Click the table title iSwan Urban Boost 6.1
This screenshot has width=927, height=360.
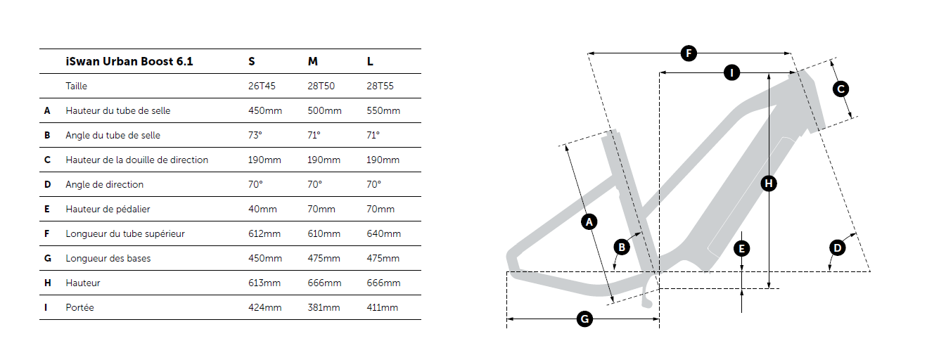pyautogui.click(x=129, y=61)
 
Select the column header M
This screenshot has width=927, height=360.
pyautogui.click(x=313, y=61)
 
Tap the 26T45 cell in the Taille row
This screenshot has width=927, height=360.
pyautogui.click(x=262, y=86)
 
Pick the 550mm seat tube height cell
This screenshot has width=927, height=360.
pyautogui.click(x=383, y=110)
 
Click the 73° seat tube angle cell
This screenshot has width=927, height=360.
pyautogui.click(x=255, y=135)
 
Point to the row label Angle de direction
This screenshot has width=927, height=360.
pyautogui.click(x=104, y=184)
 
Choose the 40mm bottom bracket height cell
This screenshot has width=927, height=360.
pyautogui.click(x=262, y=209)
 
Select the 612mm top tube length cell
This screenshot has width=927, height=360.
pyautogui.click(x=264, y=234)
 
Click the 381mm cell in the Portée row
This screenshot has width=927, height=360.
pyautogui.click(x=324, y=307)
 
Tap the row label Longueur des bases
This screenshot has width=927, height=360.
pyautogui.click(x=108, y=258)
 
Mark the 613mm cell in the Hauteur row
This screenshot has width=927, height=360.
pyautogui.click(x=264, y=283)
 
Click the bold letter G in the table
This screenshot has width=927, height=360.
pyautogui.click(x=48, y=258)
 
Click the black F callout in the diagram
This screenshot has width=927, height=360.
pyautogui.click(x=689, y=53)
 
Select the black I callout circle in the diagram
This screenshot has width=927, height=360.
pyautogui.click(x=731, y=73)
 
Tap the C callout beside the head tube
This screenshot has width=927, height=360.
pyautogui.click(x=840, y=89)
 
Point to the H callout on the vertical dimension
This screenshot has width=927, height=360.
pyautogui.click(x=769, y=184)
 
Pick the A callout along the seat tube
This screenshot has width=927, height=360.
pyautogui.click(x=589, y=222)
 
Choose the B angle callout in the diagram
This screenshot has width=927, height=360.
pyautogui.click(x=622, y=247)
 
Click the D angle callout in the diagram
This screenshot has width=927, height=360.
pyautogui.click(x=837, y=248)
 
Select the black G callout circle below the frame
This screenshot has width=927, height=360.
pyautogui.click(x=584, y=319)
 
